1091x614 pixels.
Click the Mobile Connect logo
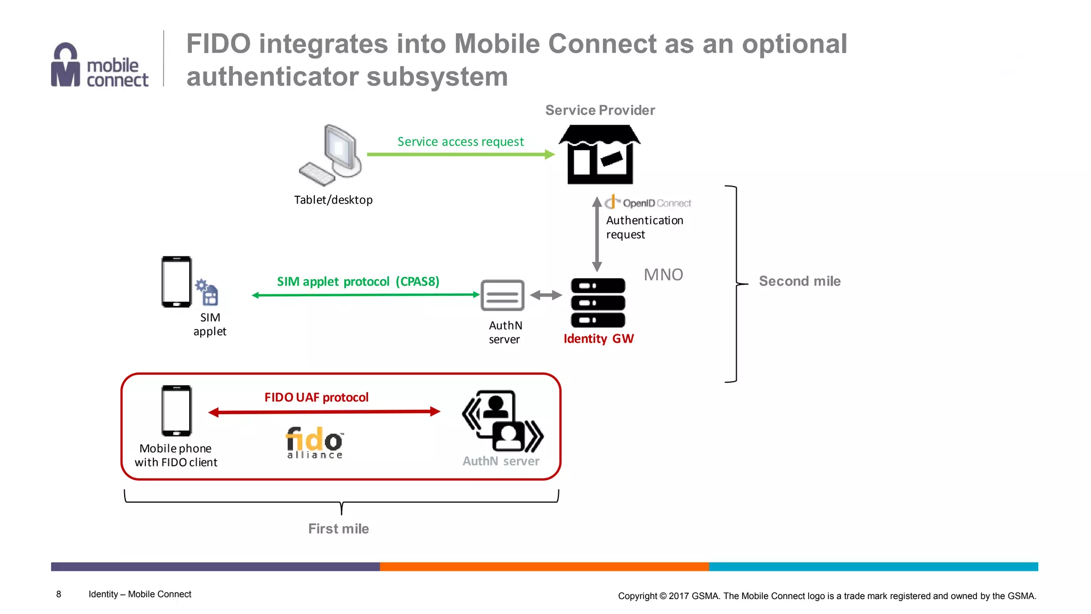coord(99,66)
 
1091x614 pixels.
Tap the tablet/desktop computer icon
coord(332,155)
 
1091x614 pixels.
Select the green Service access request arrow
coord(460,155)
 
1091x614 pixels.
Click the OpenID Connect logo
coord(648,203)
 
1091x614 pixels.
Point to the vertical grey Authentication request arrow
coord(597,235)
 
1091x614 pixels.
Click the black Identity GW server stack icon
coord(598,302)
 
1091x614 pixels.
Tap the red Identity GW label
coord(598,339)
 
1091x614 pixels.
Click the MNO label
coord(663,274)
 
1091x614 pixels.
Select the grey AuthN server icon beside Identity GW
coord(502,295)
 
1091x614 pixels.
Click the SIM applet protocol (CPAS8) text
coord(358,281)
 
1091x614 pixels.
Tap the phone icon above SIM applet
coord(177,282)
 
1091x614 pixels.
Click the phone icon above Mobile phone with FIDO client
coord(176,410)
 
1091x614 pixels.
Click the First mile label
coord(338,529)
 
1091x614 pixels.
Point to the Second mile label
coord(799,281)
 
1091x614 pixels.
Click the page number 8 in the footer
coord(59,594)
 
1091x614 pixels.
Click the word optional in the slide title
coord(794,44)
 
